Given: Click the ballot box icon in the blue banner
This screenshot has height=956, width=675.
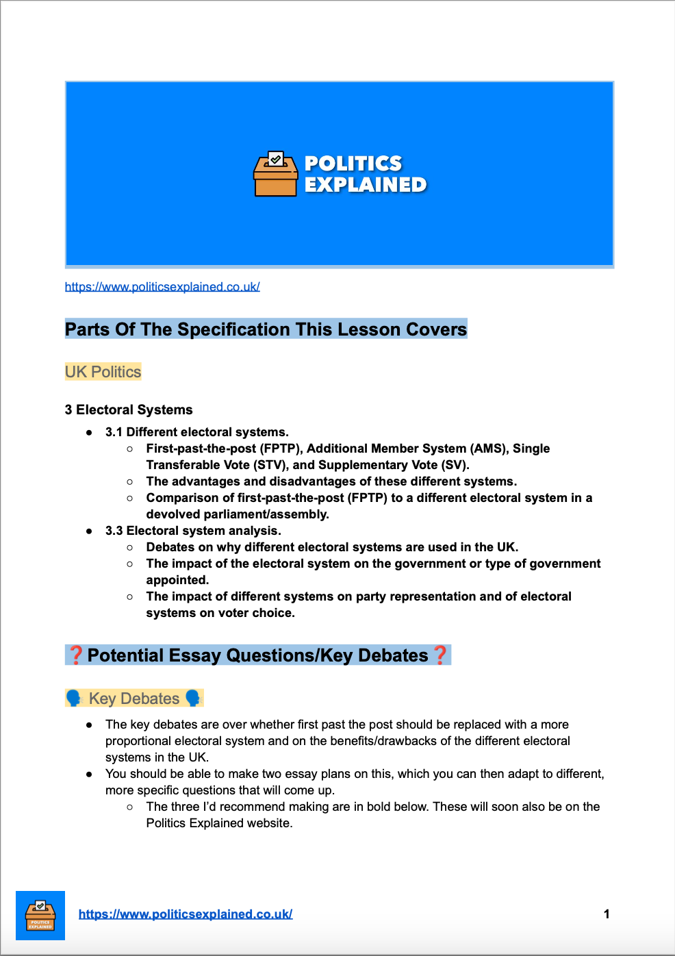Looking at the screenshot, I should (x=275, y=174).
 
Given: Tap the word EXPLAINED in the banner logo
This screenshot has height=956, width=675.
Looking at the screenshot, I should (x=366, y=185).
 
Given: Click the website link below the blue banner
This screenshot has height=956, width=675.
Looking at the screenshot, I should (x=162, y=287).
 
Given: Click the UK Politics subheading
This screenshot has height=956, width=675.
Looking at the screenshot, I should (x=103, y=372).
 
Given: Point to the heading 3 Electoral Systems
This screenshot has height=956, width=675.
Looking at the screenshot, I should (x=129, y=410).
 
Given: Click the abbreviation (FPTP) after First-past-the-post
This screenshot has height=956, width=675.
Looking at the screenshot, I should (x=281, y=449).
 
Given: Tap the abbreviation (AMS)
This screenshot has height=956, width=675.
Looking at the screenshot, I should (x=488, y=449).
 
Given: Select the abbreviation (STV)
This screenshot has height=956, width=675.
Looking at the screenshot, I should (x=270, y=465).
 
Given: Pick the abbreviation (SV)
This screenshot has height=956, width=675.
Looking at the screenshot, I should (x=454, y=465).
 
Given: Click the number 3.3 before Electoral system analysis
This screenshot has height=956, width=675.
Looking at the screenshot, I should (x=114, y=531).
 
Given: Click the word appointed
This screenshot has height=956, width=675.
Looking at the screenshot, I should (x=177, y=580).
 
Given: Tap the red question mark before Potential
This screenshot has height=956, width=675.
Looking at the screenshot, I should (x=76, y=655).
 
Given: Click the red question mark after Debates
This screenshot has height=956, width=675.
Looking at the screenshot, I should (x=440, y=655).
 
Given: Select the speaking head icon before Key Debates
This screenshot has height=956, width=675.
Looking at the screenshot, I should (x=74, y=699).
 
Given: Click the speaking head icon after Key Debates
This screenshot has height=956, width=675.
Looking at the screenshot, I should (x=193, y=699).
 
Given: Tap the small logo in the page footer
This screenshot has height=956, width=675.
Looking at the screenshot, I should (x=40, y=915).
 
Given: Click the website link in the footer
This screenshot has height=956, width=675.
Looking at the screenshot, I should (x=186, y=914).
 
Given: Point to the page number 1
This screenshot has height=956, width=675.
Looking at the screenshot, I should (x=607, y=914).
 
